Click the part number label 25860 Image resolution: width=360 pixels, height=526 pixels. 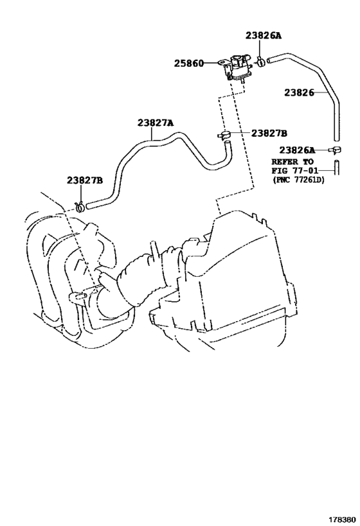tap(189, 64)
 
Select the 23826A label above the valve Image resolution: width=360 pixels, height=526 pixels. tap(264, 35)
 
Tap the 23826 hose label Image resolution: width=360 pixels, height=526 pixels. tap(299, 92)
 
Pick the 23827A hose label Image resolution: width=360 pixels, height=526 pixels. tap(155, 123)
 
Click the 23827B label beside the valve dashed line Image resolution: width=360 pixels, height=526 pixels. tap(269, 134)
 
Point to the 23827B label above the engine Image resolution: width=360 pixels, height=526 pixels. tap(85, 180)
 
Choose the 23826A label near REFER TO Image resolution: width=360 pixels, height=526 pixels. tap(297, 150)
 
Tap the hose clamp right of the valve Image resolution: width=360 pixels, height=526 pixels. tap(261, 62)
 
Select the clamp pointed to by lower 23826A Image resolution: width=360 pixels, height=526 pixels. tap(336, 150)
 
